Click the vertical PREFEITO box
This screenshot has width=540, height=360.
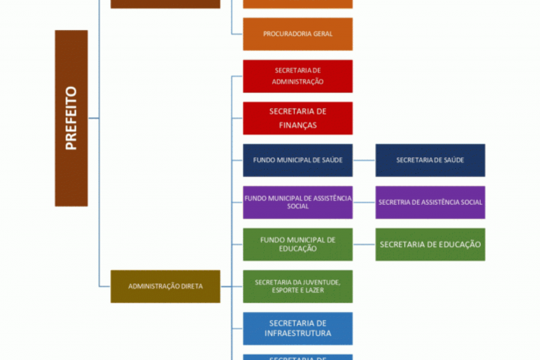(x=71, y=118)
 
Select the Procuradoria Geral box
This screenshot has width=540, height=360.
(x=298, y=34)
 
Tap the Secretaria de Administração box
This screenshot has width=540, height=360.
(x=298, y=76)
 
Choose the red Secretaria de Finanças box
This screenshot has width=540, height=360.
(x=298, y=118)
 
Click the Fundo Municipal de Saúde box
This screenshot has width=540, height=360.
(x=298, y=160)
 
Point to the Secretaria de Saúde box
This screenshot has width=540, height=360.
(x=430, y=160)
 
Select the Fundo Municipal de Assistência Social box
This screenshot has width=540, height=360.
(x=298, y=202)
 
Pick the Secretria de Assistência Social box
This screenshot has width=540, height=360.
(x=430, y=202)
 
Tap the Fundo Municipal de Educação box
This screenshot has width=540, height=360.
(x=298, y=244)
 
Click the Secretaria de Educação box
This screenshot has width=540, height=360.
(x=430, y=244)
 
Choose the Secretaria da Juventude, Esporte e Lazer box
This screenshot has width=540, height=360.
(x=298, y=286)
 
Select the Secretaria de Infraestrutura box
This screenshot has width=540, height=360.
(x=298, y=328)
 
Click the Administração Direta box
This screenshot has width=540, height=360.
(x=165, y=286)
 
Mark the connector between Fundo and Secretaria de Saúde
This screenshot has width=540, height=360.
(x=364, y=160)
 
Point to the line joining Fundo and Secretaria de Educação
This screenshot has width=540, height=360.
(x=364, y=244)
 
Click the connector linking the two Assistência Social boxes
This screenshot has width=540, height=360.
(x=364, y=202)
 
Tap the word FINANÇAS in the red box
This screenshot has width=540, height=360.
(x=298, y=125)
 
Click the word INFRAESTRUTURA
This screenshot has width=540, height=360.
(x=298, y=333)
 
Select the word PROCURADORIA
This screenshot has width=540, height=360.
(x=282, y=34)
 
